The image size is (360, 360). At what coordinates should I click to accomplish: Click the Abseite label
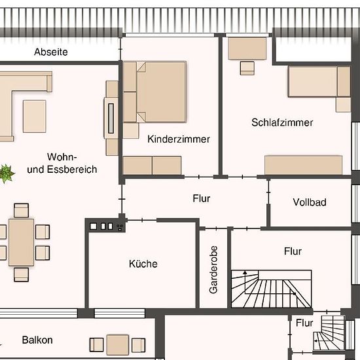tap(51, 52)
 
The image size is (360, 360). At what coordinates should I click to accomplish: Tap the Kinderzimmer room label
tap(179, 139)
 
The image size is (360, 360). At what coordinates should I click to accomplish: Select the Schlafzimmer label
tap(282, 122)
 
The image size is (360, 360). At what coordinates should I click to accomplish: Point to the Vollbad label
tap(310, 202)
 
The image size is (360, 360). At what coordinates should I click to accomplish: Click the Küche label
tap(143, 264)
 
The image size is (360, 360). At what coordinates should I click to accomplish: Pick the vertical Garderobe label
tap(213, 270)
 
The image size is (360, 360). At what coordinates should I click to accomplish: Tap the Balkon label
tap(37, 340)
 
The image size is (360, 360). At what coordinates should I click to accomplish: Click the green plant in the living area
tap(7, 173)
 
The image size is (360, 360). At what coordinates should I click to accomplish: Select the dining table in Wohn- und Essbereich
tap(22, 242)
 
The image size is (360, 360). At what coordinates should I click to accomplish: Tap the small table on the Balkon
tap(118, 345)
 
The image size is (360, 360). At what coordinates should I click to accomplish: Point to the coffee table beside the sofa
tap(35, 116)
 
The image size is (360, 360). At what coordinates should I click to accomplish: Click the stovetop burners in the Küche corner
tap(107, 226)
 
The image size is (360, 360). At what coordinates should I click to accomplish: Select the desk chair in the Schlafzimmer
tap(247, 68)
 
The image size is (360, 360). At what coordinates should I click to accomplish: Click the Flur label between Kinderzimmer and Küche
tap(202, 198)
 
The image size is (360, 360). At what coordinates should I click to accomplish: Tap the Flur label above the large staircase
tap(293, 251)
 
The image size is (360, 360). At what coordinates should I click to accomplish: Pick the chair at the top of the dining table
tap(21, 210)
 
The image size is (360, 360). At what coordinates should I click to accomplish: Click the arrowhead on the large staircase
tap(245, 272)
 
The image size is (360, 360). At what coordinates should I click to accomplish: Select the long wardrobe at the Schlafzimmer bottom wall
tap(303, 165)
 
